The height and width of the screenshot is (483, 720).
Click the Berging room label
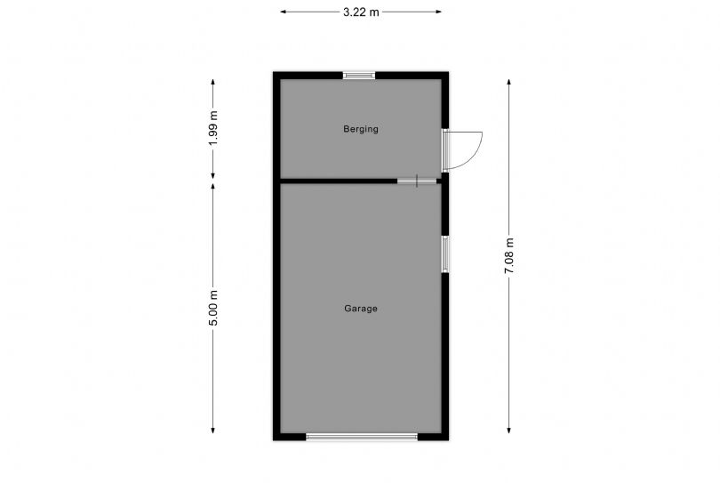[x=361, y=129]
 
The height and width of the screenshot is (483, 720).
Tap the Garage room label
[x=361, y=309]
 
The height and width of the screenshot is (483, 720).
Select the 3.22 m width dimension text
[x=361, y=12]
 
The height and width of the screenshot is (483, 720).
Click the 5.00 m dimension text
[x=213, y=309]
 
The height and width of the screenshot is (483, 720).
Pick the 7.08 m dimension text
[x=509, y=255]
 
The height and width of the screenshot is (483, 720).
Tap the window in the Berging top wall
[x=360, y=76]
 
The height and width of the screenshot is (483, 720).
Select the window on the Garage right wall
[x=445, y=254]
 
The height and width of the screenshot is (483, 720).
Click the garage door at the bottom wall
[x=362, y=437]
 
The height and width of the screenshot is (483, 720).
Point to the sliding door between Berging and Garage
[x=417, y=181]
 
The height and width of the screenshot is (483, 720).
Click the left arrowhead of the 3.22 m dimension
[x=284, y=12]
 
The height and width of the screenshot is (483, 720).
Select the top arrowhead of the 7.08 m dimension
[x=509, y=82]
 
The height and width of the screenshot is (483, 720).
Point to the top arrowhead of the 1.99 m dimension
[x=213, y=82]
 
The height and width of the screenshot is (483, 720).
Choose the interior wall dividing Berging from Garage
[x=338, y=181]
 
